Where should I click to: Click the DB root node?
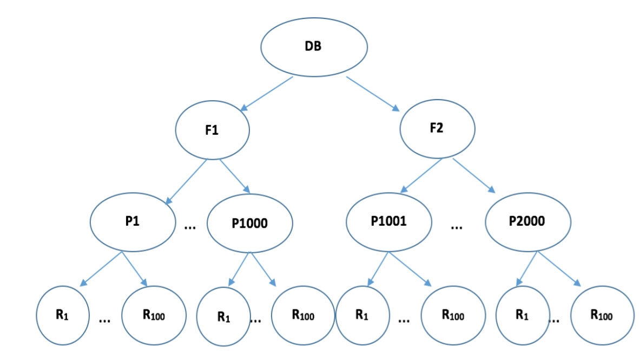click(x=314, y=47)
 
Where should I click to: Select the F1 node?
click(x=212, y=130)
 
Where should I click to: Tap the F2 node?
click(x=437, y=129)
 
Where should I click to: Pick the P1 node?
click(x=133, y=221)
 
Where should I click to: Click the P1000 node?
click(x=249, y=223)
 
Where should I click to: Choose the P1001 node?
click(x=388, y=222)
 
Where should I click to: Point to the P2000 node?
click(x=528, y=222)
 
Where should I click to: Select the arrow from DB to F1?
click(x=267, y=93)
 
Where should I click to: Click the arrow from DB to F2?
click(x=373, y=93)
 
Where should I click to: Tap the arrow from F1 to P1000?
click(x=234, y=176)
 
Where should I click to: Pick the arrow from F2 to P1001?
click(x=421, y=176)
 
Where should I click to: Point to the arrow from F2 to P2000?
click(x=474, y=176)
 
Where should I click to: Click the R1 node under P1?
click(x=61, y=315)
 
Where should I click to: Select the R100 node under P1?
click(x=154, y=315)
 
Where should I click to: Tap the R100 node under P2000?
click(x=602, y=315)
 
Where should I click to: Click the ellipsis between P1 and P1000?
click(x=190, y=227)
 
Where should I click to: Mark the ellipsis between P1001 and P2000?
click(x=457, y=227)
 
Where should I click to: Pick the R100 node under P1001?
click(x=453, y=315)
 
